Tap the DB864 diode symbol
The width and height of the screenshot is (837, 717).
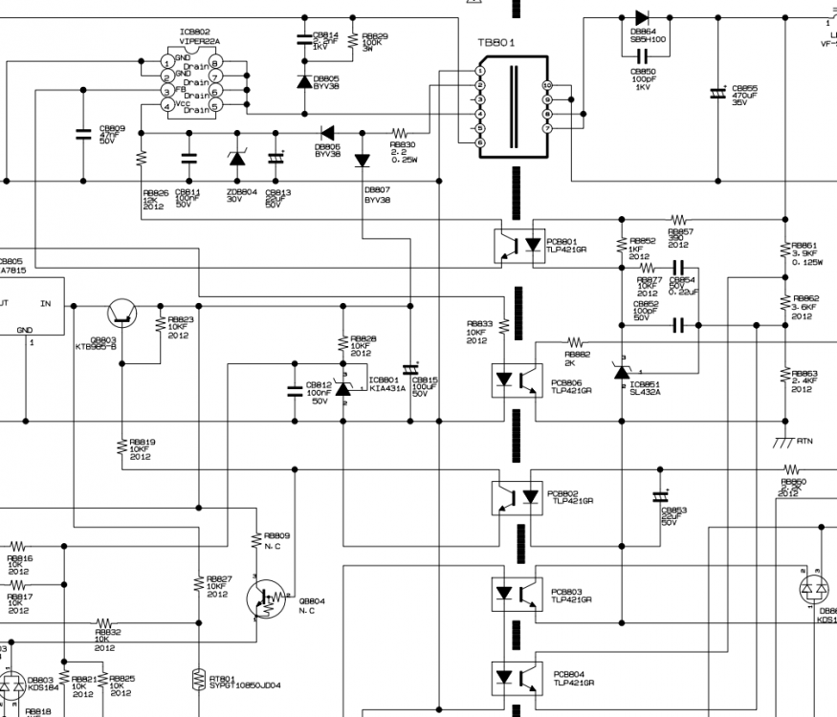[x=642, y=17]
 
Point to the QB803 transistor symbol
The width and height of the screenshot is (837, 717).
[x=121, y=311]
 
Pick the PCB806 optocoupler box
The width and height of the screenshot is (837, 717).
[x=518, y=380]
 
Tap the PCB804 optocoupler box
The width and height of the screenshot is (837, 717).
[x=518, y=678]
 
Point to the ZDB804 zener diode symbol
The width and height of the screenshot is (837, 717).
[x=237, y=159]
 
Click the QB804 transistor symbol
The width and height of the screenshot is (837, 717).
[x=268, y=597]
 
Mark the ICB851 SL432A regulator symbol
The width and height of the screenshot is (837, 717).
[x=624, y=373]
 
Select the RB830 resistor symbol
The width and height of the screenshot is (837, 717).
[x=400, y=132]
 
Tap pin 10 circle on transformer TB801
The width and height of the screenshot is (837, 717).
[x=547, y=85]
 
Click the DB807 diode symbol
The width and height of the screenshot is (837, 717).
[x=362, y=161]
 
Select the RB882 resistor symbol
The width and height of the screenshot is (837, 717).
[x=575, y=341]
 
